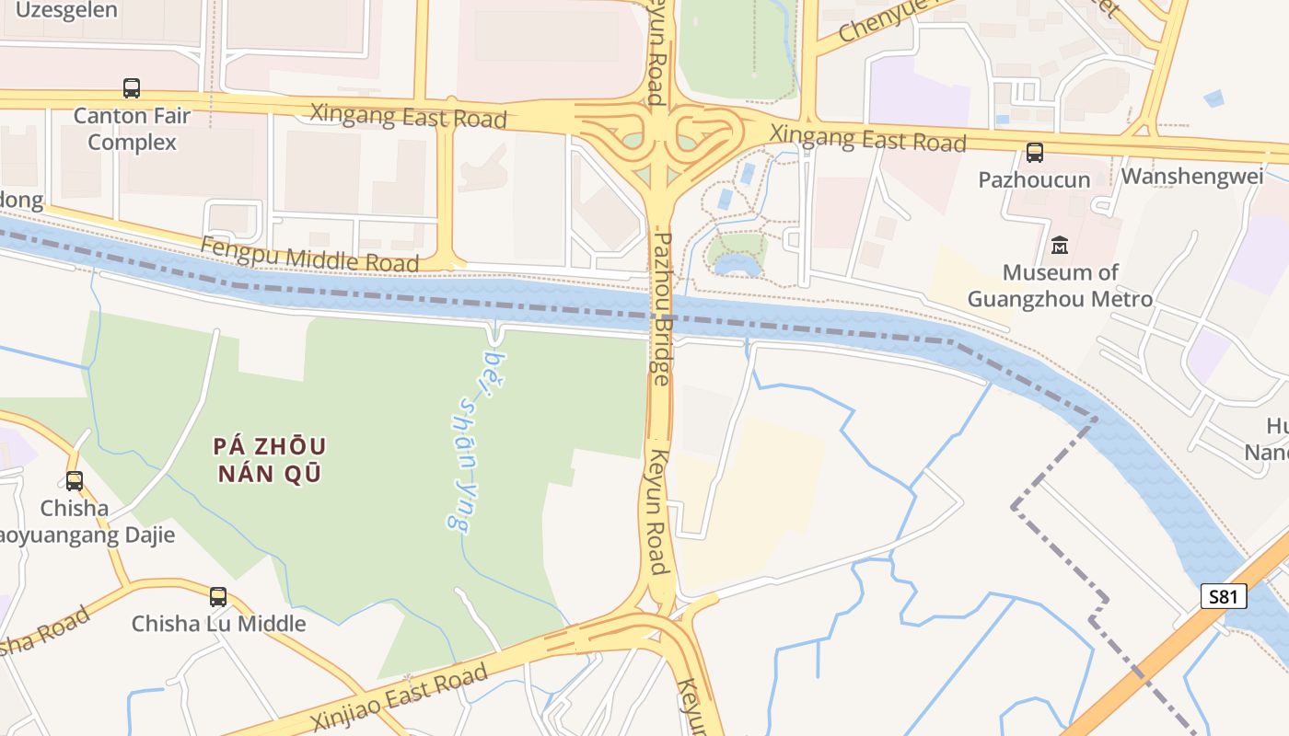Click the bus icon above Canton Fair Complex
(x=132, y=88)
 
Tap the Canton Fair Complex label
(x=132, y=130)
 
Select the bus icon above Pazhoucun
(x=1035, y=153)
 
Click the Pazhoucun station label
(x=1034, y=179)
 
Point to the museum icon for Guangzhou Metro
(x=1060, y=246)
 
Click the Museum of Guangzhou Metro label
(x=1060, y=285)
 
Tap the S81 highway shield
(x=1224, y=596)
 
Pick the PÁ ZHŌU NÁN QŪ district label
(x=269, y=460)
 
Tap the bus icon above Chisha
(x=74, y=480)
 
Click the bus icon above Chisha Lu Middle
(x=218, y=596)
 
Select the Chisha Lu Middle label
(x=218, y=623)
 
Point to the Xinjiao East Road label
(x=399, y=696)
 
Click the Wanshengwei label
(x=1192, y=176)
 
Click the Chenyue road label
(x=884, y=20)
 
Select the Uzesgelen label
(x=66, y=10)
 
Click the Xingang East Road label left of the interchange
(x=408, y=116)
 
